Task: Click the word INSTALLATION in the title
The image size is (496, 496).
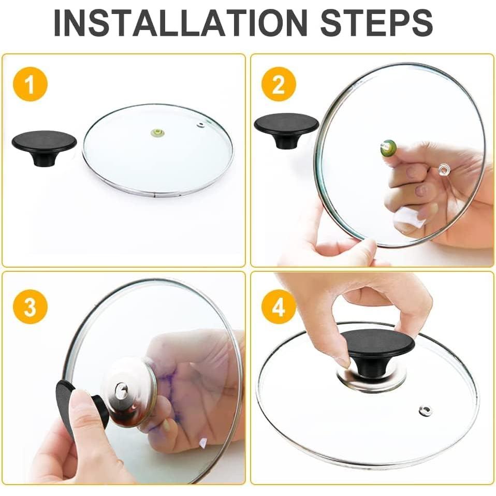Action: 181,23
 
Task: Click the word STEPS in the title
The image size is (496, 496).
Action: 376,23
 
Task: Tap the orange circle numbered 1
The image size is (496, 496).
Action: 30,84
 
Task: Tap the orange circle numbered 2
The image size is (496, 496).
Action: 279,84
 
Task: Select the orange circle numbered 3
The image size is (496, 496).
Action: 30,307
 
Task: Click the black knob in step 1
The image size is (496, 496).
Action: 45,147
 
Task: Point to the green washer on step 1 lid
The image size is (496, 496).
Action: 156,132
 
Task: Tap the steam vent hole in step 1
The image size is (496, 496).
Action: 200,125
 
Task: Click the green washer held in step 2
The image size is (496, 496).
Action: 388,148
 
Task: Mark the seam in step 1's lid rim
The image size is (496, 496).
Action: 154,196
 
